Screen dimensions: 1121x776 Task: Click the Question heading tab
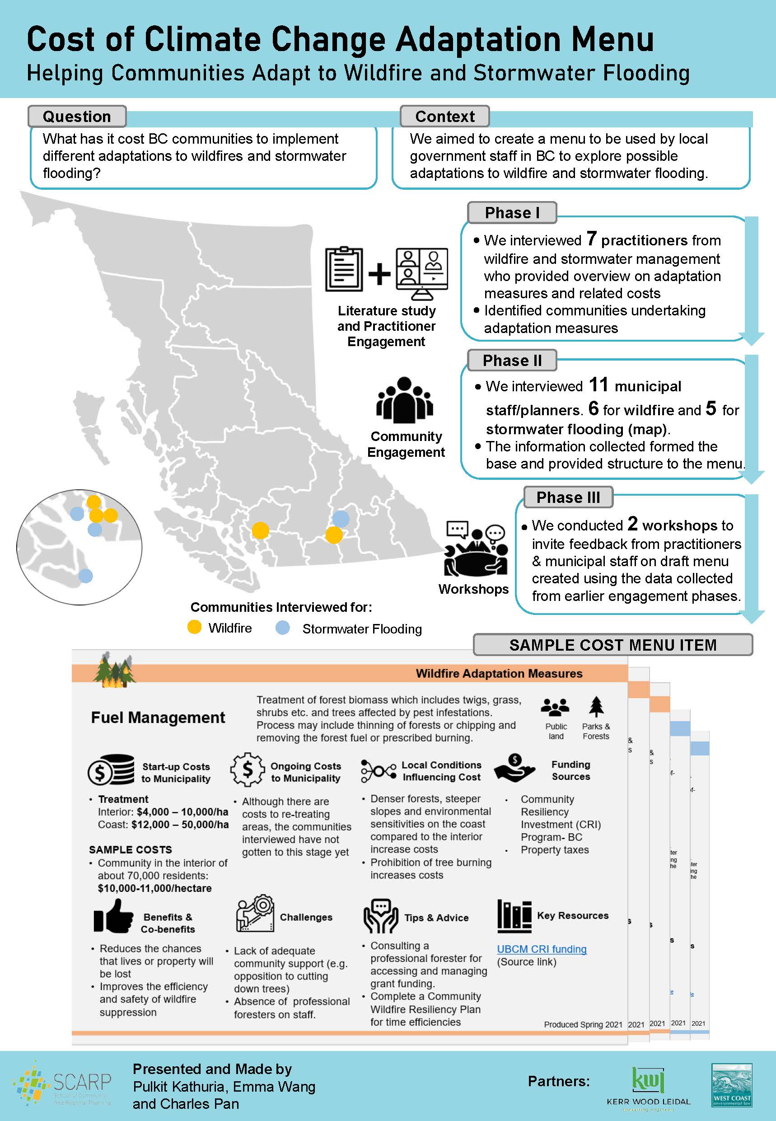coord(77,117)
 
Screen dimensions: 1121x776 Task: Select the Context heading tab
coord(444,117)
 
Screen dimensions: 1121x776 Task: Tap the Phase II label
coord(511,361)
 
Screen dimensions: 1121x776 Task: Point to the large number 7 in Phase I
coord(591,238)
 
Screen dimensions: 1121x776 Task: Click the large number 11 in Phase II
coord(598,385)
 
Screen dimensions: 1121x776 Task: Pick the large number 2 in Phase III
coord(632,523)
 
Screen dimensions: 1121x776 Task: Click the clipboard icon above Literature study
coord(344,269)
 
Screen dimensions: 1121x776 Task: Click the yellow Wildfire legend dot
coord(194,627)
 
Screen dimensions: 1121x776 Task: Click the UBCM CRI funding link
coord(541,949)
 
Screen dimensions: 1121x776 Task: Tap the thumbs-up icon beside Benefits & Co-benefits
coord(113,917)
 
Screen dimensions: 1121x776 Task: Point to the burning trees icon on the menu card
coord(115,670)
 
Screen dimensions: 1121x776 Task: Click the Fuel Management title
coord(158,718)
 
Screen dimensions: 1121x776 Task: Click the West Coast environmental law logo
coord(731,1085)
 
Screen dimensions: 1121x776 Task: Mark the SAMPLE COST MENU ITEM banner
coord(612,645)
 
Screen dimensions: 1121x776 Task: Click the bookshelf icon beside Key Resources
coord(514,916)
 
